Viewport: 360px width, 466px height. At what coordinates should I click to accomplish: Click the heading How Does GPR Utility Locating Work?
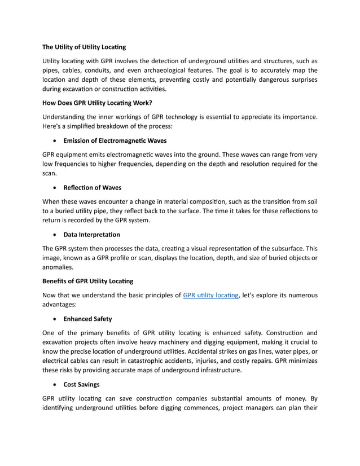(x=97, y=103)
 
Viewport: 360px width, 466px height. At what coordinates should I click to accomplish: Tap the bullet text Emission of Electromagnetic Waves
(x=115, y=140)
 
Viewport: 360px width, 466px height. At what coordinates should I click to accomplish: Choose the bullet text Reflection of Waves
(x=93, y=187)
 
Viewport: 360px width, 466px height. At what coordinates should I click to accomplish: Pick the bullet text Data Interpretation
(x=91, y=234)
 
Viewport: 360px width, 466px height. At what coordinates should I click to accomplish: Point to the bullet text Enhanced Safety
(x=87, y=319)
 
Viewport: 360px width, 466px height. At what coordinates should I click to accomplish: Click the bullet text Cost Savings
(x=82, y=384)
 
